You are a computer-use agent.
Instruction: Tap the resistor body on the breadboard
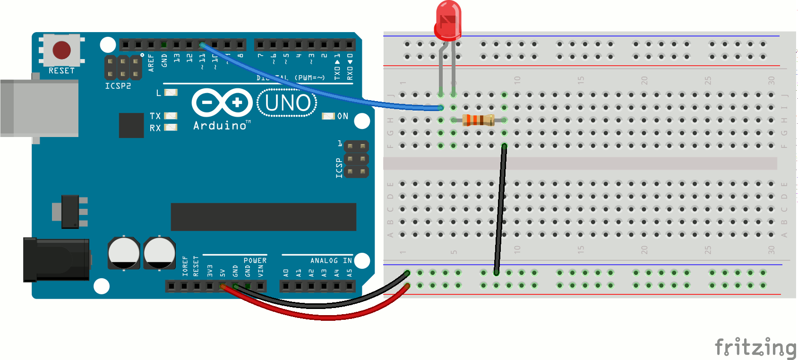[x=478, y=120]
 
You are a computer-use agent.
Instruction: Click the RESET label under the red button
[x=61, y=71]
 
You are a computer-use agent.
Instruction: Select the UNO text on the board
[x=288, y=103]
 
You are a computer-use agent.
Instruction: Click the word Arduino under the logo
[x=220, y=126]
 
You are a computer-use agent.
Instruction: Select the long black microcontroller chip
[x=263, y=217]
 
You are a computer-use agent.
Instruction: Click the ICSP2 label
[x=118, y=86]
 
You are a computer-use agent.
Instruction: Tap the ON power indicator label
[x=343, y=116]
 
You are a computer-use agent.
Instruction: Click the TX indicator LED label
[x=155, y=116]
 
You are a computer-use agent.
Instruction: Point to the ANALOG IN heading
[x=331, y=261]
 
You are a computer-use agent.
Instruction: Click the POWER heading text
[x=255, y=261]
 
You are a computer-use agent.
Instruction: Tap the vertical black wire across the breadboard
[x=500, y=208]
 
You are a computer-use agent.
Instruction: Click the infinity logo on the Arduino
[x=222, y=103]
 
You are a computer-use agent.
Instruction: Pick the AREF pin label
[x=151, y=62]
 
